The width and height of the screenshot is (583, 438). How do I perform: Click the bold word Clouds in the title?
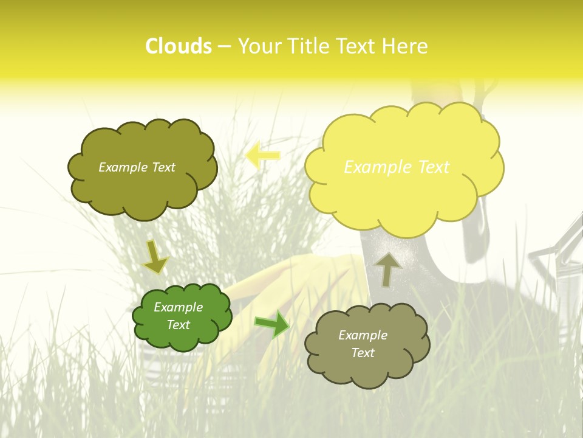178,46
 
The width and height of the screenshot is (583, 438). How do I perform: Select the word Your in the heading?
258,46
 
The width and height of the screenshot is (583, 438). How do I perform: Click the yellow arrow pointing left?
263,155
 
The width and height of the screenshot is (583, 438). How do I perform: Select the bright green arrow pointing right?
272,324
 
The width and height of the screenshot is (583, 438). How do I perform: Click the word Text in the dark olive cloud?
162,167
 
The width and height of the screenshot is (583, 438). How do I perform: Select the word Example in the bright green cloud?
178,307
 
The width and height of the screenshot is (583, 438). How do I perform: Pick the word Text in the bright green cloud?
179,325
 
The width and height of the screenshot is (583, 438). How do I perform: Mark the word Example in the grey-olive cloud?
363,335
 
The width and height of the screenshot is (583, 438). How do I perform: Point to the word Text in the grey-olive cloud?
363,353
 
